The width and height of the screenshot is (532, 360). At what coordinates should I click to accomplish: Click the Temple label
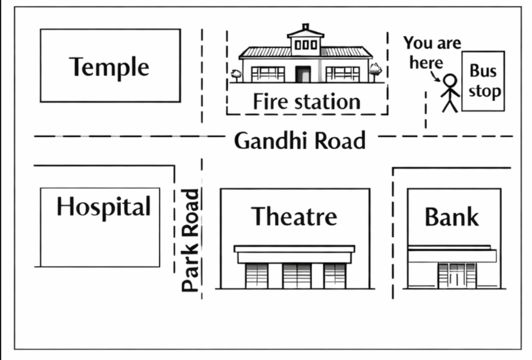coord(109,67)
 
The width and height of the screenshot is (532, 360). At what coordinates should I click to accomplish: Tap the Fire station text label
coord(306,102)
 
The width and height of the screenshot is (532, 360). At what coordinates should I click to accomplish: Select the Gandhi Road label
coord(300,141)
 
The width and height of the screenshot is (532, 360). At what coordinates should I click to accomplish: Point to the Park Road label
coord(191,241)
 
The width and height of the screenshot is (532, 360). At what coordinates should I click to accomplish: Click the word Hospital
coord(103,207)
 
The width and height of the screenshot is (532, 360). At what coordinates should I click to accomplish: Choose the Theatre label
coord(294,216)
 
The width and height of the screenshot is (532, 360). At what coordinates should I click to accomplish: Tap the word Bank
coord(451,217)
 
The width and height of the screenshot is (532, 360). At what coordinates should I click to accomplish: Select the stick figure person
coord(450,93)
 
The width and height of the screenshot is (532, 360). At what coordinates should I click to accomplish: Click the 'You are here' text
coord(431,53)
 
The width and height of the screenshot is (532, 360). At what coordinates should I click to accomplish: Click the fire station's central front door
coord(303,74)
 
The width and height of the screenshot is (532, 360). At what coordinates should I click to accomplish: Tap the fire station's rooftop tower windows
coord(306,44)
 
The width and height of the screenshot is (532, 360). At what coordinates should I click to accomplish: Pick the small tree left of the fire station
coord(235,75)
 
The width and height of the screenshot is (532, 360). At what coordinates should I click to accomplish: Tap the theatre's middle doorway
coord(297,276)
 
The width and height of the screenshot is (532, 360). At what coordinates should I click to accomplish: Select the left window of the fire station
coord(268,74)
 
